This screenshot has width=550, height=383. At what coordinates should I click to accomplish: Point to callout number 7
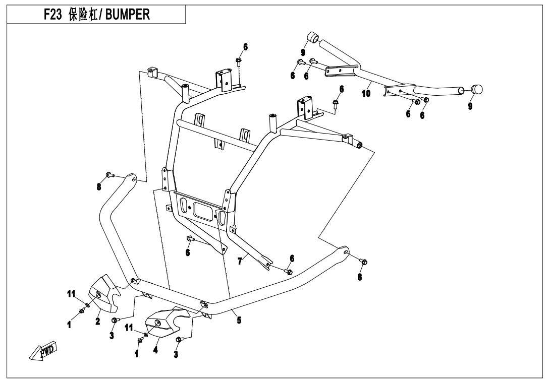(x=240, y=261)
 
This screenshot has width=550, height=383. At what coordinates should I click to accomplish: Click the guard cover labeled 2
(x=103, y=293)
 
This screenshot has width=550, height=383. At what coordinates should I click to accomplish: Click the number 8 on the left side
(x=99, y=186)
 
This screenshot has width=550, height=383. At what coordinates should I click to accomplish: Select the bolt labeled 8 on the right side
(x=364, y=262)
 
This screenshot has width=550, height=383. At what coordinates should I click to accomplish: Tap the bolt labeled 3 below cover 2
(x=116, y=320)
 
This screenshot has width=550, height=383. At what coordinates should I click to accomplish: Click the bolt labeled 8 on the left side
(x=108, y=175)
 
